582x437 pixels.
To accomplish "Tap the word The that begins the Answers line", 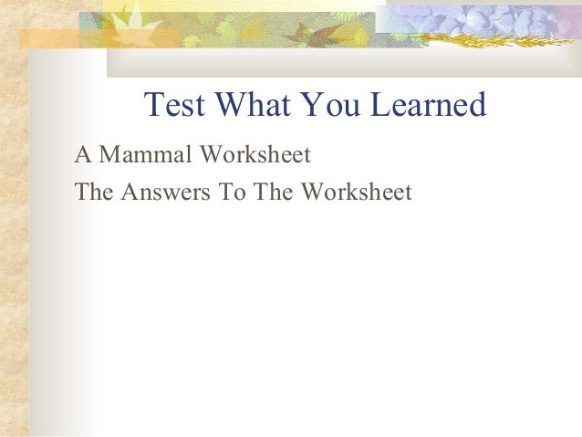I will pyautogui.click(x=95, y=192).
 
